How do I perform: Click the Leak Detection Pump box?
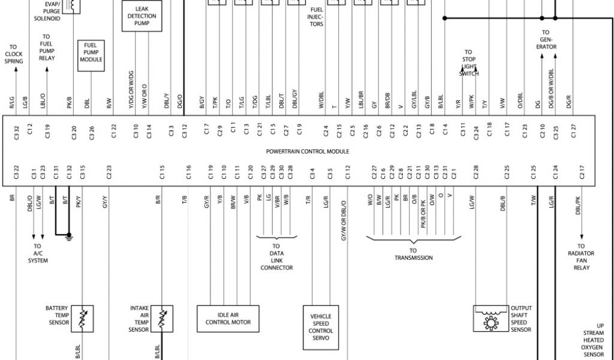142,16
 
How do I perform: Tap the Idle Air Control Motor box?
228,318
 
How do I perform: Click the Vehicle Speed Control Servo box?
321,327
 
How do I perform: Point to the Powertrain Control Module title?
308,151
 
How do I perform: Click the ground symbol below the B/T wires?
70,235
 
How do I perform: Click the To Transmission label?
413,254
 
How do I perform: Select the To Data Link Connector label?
276,257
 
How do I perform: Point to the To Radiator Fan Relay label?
580,257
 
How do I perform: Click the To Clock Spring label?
14,54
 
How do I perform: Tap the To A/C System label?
37,253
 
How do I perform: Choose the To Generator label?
546,40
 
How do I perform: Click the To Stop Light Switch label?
468,62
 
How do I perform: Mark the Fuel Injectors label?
317,17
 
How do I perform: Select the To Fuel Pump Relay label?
46,47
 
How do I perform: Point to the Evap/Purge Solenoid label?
47,11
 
